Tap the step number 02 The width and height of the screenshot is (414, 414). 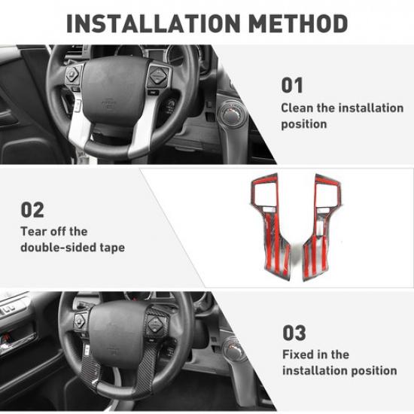32,209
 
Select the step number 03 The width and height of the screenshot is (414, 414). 295,332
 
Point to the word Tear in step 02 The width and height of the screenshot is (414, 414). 33,231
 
